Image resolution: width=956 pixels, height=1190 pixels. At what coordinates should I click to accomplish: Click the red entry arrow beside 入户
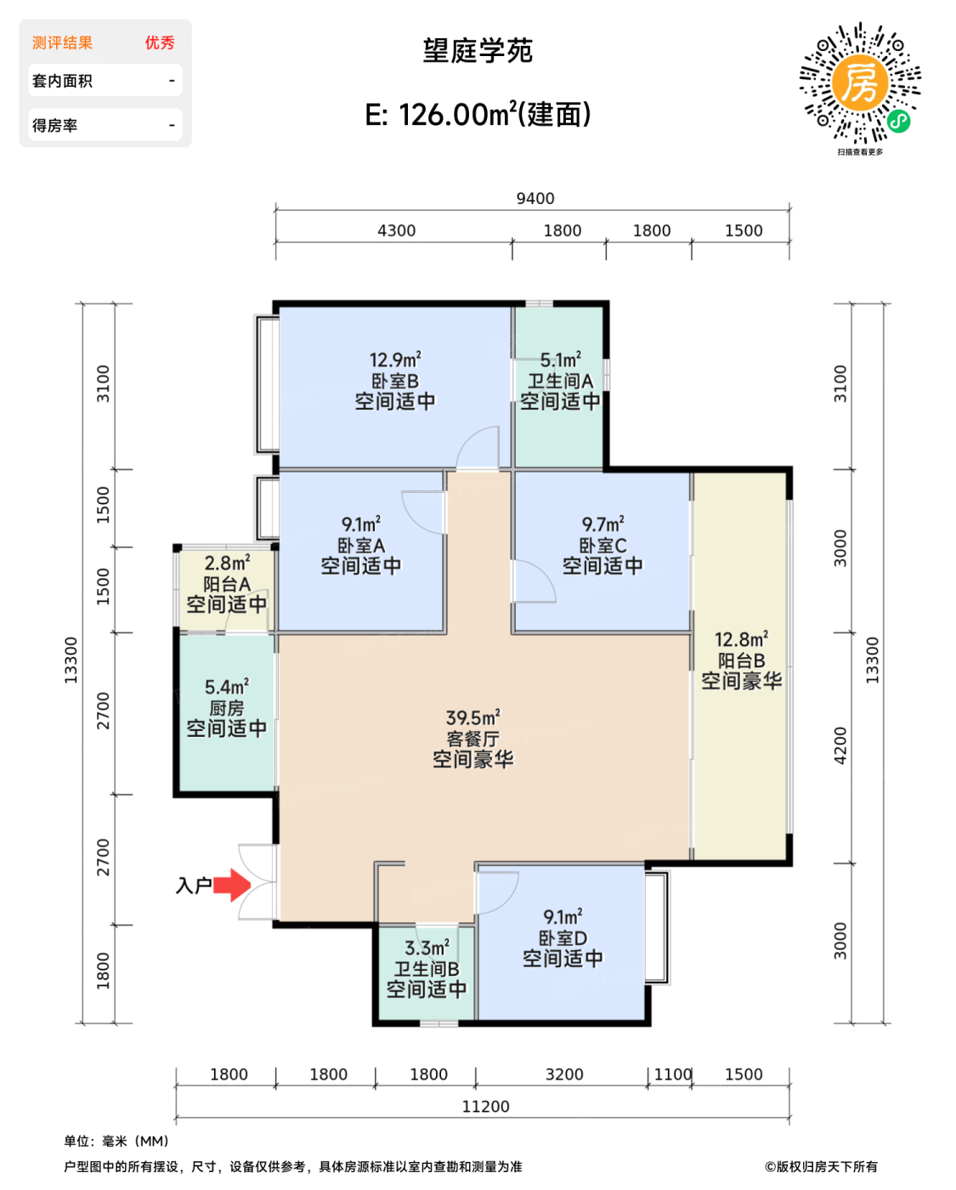click(x=232, y=885)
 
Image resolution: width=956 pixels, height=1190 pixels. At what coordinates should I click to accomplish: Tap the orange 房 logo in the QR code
click(x=860, y=83)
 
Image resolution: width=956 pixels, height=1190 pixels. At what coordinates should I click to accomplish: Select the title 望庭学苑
click(x=478, y=51)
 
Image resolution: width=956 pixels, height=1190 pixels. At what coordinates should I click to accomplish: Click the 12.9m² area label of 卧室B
click(x=395, y=360)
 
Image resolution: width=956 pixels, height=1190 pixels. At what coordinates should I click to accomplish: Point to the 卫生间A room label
click(x=560, y=381)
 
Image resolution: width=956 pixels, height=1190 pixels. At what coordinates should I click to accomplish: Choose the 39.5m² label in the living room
click(x=472, y=717)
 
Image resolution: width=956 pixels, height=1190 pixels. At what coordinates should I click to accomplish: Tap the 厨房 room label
click(x=227, y=708)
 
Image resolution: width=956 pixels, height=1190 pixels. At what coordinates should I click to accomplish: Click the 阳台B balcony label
click(x=741, y=660)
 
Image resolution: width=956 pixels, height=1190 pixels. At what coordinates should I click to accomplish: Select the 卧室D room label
click(x=563, y=938)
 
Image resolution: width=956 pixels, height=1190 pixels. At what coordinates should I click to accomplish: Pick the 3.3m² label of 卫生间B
click(x=427, y=948)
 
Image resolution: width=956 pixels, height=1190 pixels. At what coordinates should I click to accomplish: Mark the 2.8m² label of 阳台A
click(x=227, y=563)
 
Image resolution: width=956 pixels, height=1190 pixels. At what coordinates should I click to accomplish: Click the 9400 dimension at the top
click(x=535, y=199)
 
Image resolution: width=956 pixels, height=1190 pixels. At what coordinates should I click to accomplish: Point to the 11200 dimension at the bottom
click(x=485, y=1107)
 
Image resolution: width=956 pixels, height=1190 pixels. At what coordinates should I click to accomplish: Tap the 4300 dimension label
click(x=397, y=230)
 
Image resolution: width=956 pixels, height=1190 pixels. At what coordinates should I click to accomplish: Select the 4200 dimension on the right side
click(x=840, y=746)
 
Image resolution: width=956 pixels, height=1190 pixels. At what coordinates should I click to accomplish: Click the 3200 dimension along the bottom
click(x=564, y=1074)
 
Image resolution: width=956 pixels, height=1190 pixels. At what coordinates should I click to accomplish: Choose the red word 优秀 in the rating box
click(x=160, y=42)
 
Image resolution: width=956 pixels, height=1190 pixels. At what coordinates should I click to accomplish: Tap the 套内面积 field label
click(x=62, y=81)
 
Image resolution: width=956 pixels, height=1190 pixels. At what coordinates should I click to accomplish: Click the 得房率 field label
click(x=54, y=126)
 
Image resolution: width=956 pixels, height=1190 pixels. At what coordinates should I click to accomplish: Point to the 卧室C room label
click(x=602, y=546)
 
